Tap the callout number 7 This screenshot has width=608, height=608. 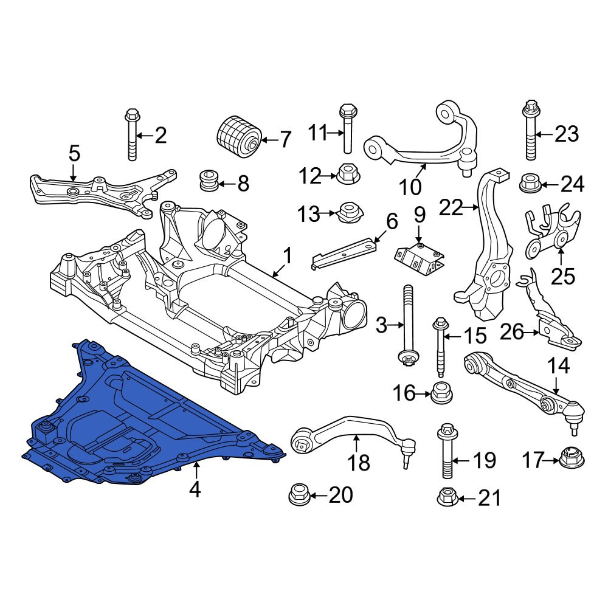point(285,140)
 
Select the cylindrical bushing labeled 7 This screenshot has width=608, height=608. point(238,137)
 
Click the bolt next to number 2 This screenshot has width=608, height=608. point(131,134)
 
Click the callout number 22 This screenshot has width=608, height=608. point(451,207)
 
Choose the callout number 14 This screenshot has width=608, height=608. point(558,365)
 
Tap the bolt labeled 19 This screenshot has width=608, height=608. point(447,451)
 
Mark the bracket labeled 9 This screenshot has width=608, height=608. point(420,257)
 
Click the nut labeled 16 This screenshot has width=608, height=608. point(441,393)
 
